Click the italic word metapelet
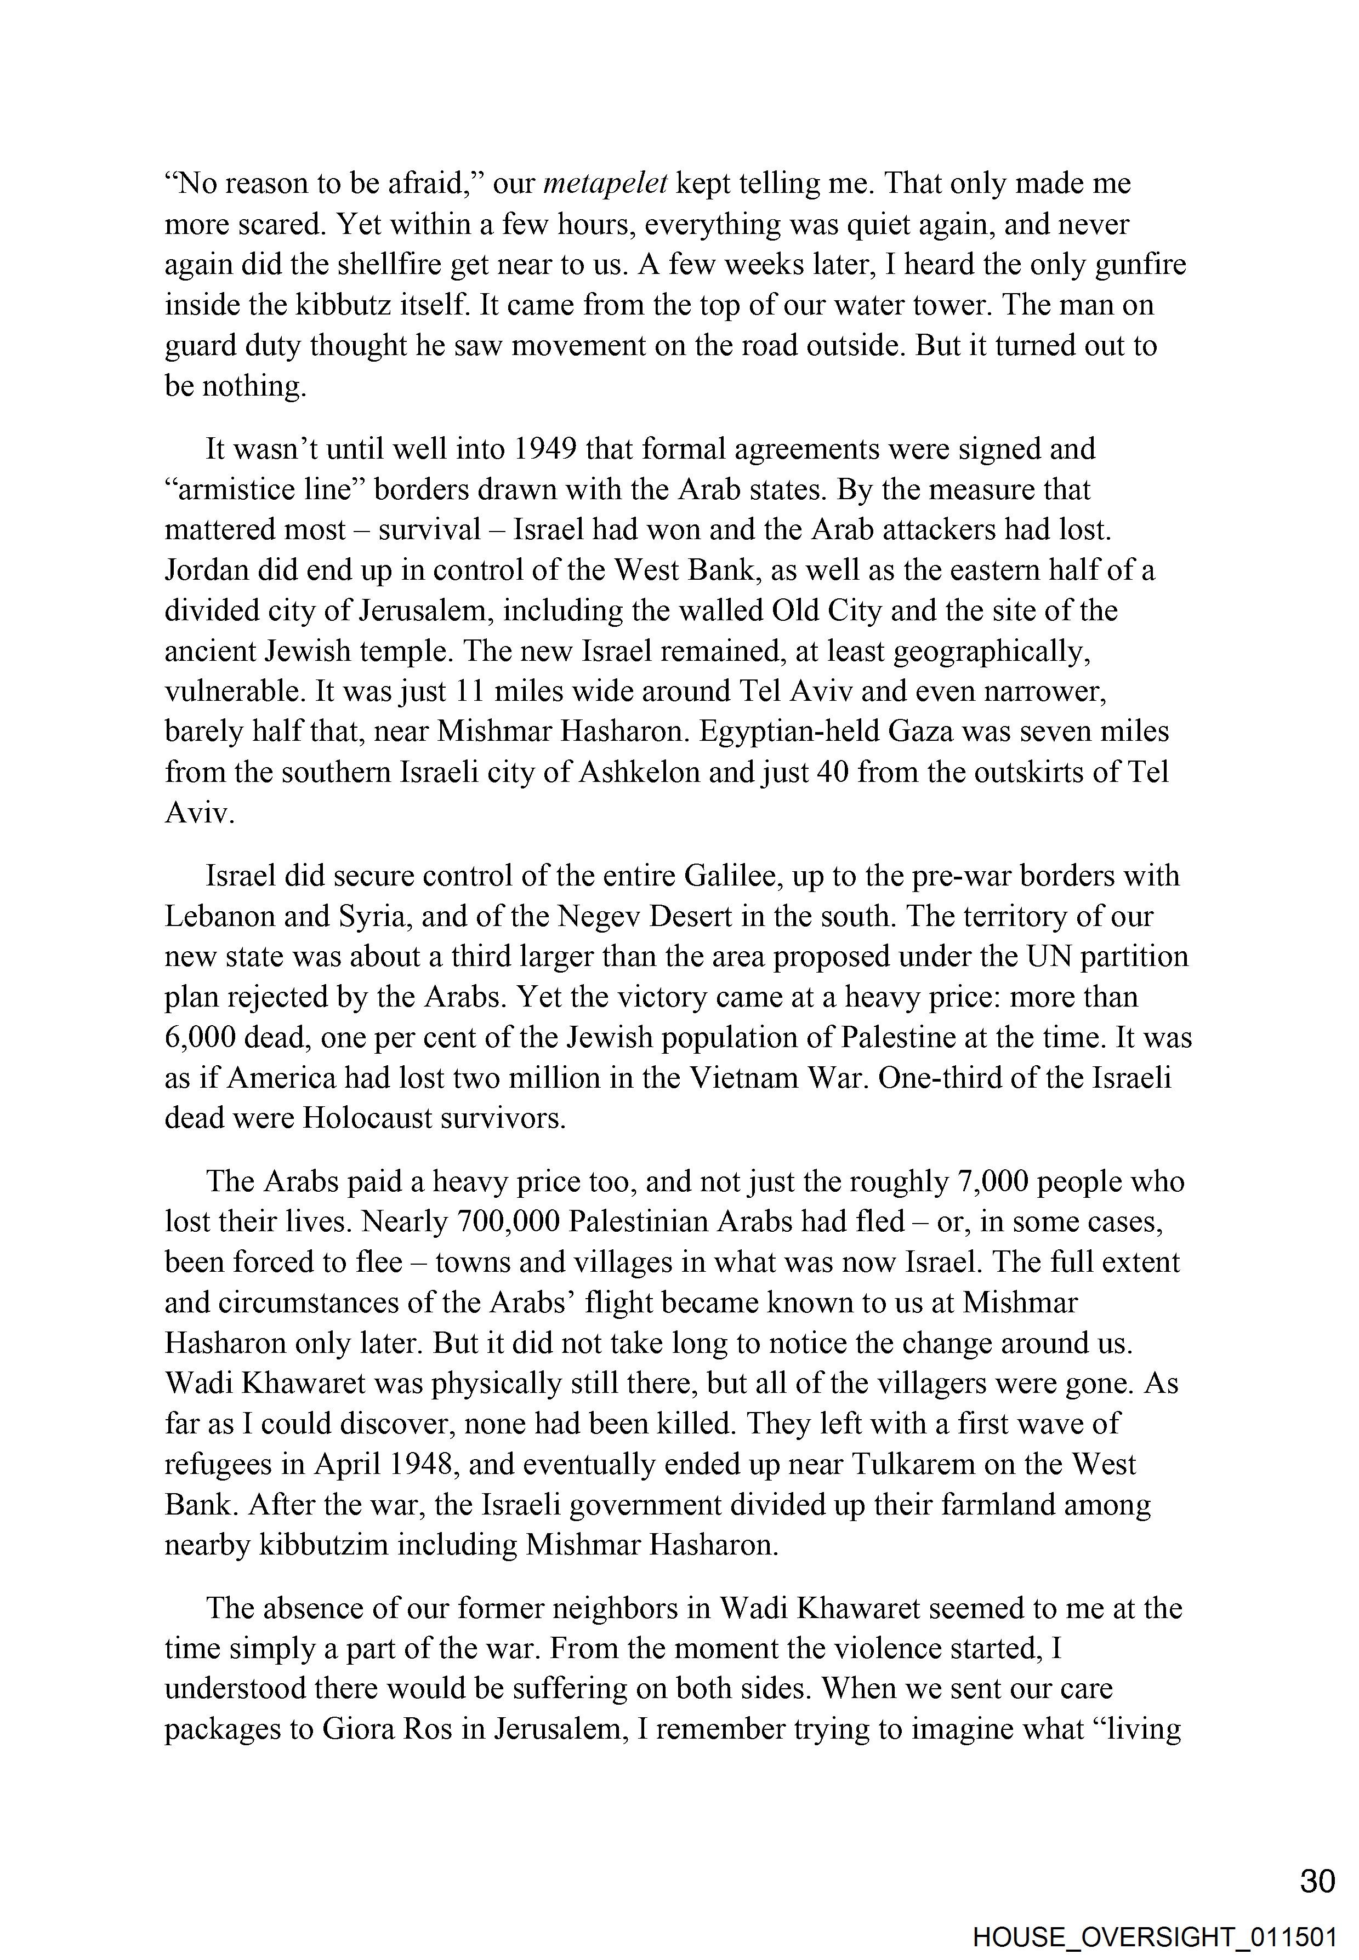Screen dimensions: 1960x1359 (605, 184)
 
